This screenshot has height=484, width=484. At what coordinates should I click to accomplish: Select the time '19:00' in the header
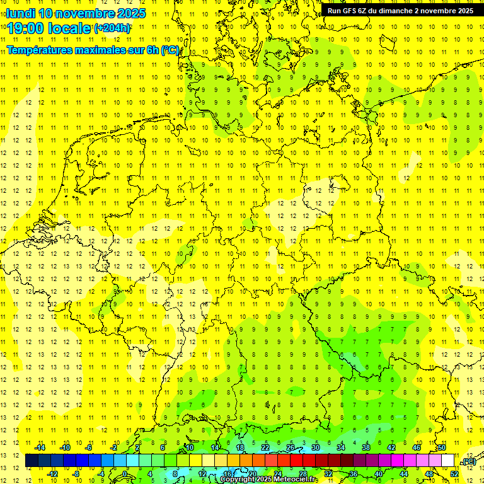click(26, 28)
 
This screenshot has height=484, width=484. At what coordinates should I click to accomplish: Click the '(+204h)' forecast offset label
click(112, 28)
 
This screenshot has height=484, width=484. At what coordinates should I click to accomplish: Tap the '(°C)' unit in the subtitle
click(170, 50)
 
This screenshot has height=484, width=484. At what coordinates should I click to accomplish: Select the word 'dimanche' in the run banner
click(395, 11)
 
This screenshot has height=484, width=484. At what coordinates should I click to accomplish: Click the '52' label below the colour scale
click(454, 474)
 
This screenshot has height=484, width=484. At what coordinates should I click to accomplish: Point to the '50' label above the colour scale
click(442, 447)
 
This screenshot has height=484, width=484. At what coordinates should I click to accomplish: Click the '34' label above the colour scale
click(341, 447)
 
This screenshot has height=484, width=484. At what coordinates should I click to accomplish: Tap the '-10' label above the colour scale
click(64, 447)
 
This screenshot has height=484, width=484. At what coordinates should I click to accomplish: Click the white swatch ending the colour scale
click(448, 461)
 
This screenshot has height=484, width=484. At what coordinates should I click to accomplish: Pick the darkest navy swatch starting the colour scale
click(32, 461)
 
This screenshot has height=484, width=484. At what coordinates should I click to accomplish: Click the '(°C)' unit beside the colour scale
click(468, 461)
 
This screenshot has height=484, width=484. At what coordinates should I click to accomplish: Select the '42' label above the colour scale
click(391, 447)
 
